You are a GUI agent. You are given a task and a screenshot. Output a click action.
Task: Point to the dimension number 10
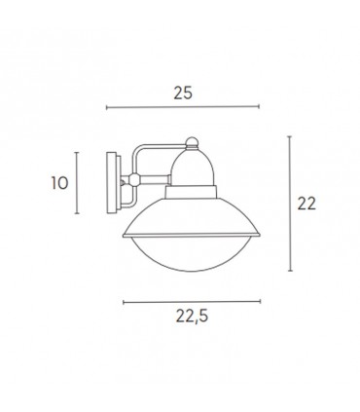tap(58, 180)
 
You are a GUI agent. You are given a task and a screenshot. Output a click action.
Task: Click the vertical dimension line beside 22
tap(291, 205)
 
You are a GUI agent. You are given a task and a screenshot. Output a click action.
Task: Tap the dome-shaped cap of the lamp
tap(191, 158)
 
